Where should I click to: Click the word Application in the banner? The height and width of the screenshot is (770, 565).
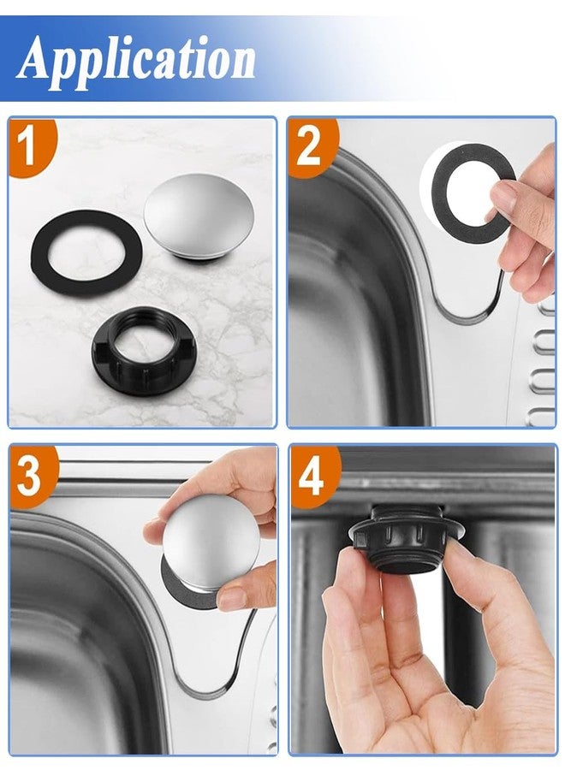pos(136,60)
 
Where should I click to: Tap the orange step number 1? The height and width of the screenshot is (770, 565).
pos(28,146)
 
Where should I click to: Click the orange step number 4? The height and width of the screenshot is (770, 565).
pos(311,476)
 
